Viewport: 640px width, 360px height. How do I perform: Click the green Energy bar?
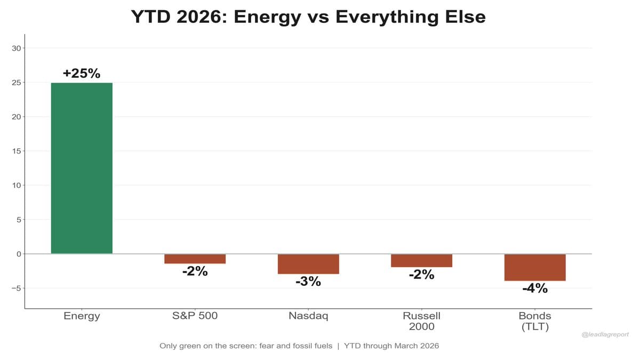click(82, 168)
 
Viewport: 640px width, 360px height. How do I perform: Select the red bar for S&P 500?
click(195, 259)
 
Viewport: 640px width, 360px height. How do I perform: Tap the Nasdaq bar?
click(308, 264)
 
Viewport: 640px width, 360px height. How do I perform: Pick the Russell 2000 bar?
click(421, 260)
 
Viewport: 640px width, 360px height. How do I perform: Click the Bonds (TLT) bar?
click(535, 267)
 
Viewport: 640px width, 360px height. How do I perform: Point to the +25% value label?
click(82, 74)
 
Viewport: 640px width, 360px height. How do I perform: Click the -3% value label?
click(308, 282)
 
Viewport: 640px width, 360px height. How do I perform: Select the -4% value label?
click(535, 289)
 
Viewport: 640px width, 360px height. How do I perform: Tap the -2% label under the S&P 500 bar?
click(195, 271)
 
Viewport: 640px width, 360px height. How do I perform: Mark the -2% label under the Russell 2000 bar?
click(421, 275)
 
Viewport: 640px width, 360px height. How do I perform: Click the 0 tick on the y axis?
click(18, 254)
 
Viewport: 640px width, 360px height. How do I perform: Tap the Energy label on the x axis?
click(82, 316)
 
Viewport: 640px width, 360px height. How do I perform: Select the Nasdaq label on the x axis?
click(308, 316)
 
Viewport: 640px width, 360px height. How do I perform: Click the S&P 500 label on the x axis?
click(195, 316)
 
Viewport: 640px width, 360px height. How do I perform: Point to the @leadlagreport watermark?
click(605, 334)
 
